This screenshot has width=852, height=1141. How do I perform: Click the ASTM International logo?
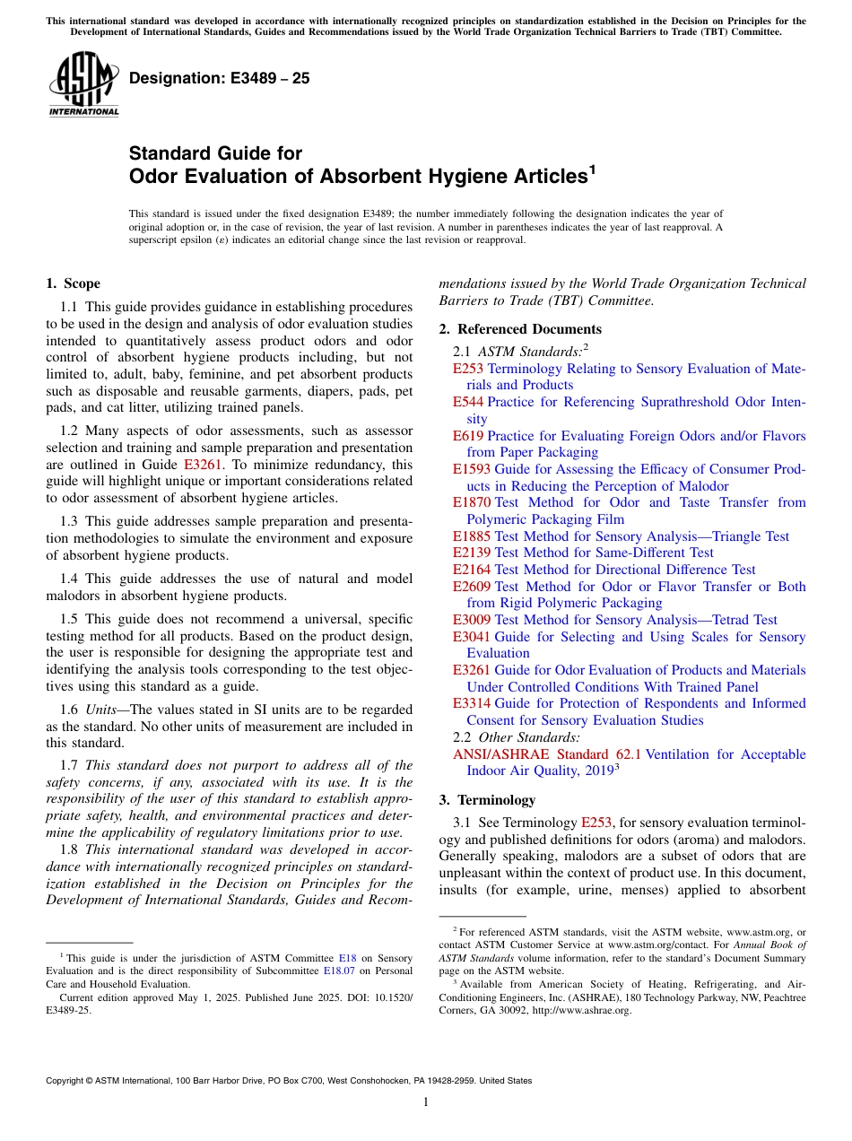pos(83,85)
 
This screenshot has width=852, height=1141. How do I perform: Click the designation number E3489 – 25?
pos(220,78)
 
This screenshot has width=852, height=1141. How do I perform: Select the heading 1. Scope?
pos(73,284)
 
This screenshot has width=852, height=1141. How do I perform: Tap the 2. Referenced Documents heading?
pos(520,329)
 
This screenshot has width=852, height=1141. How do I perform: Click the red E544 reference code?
pos(468,402)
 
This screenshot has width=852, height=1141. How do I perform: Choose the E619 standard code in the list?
pos(468,436)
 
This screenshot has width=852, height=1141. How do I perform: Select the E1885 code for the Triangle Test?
pos(472,536)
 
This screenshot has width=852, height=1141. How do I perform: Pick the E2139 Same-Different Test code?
pos(472,553)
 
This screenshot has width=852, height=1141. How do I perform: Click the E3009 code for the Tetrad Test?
pos(472,620)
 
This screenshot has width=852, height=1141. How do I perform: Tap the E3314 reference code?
pos(472,703)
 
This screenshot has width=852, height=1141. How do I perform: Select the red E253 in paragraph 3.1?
pos(596,823)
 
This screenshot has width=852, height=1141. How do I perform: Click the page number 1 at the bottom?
pos(426,1102)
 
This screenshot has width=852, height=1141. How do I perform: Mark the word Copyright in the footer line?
pos(69,1081)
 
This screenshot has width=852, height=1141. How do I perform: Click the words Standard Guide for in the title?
pos(216,153)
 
